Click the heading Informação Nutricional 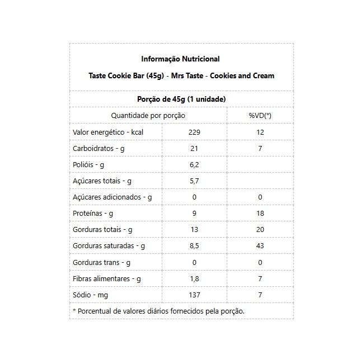[181, 59]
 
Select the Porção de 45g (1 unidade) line [181, 99]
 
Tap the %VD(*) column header [260, 115]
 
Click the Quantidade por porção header [148, 115]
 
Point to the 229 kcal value [194, 132]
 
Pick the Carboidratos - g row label [99, 148]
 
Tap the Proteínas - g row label [93, 214]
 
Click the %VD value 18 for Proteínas [260, 214]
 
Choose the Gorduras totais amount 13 [194, 230]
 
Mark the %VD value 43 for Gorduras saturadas [260, 246]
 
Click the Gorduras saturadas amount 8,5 [194, 246]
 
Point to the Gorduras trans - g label [101, 262]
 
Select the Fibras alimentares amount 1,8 [194, 278]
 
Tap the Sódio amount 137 [194, 295]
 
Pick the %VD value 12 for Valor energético [260, 132]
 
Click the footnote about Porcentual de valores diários [158, 311]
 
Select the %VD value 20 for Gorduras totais [260, 230]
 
